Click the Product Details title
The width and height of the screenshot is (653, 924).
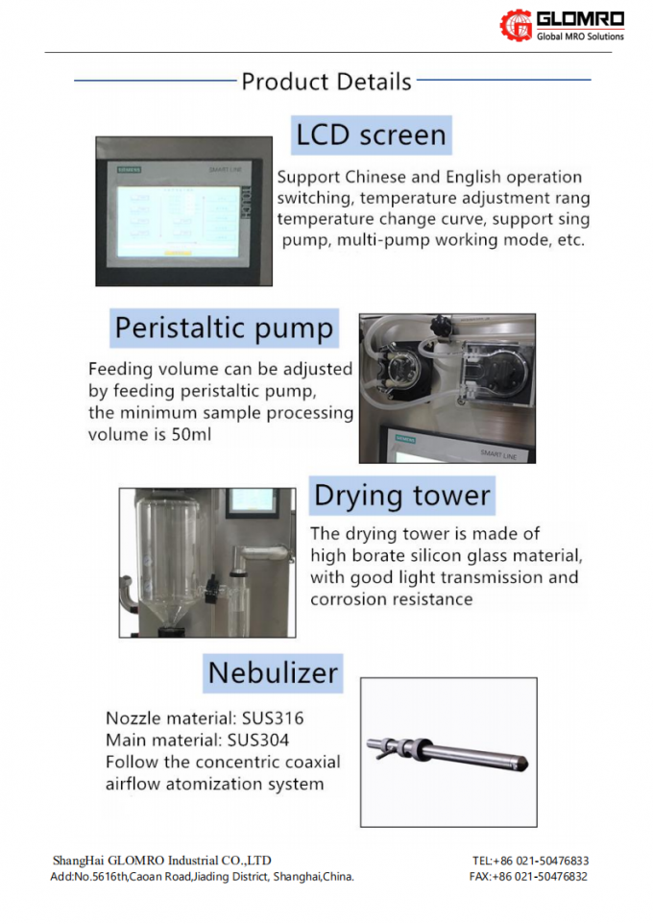tap(326, 82)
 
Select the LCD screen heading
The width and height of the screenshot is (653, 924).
tap(371, 134)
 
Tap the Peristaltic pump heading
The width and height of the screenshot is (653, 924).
tap(224, 328)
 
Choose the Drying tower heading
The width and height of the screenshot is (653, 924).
tap(402, 497)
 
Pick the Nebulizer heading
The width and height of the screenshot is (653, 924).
tap(274, 672)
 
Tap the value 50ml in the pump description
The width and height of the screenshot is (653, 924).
tap(193, 434)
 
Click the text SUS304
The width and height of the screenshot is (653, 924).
tap(257, 741)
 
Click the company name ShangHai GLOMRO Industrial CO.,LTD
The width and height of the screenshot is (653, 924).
tap(161, 861)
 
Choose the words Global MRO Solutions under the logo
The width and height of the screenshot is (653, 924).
tap(580, 36)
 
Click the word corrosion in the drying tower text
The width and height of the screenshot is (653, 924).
tap(351, 599)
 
